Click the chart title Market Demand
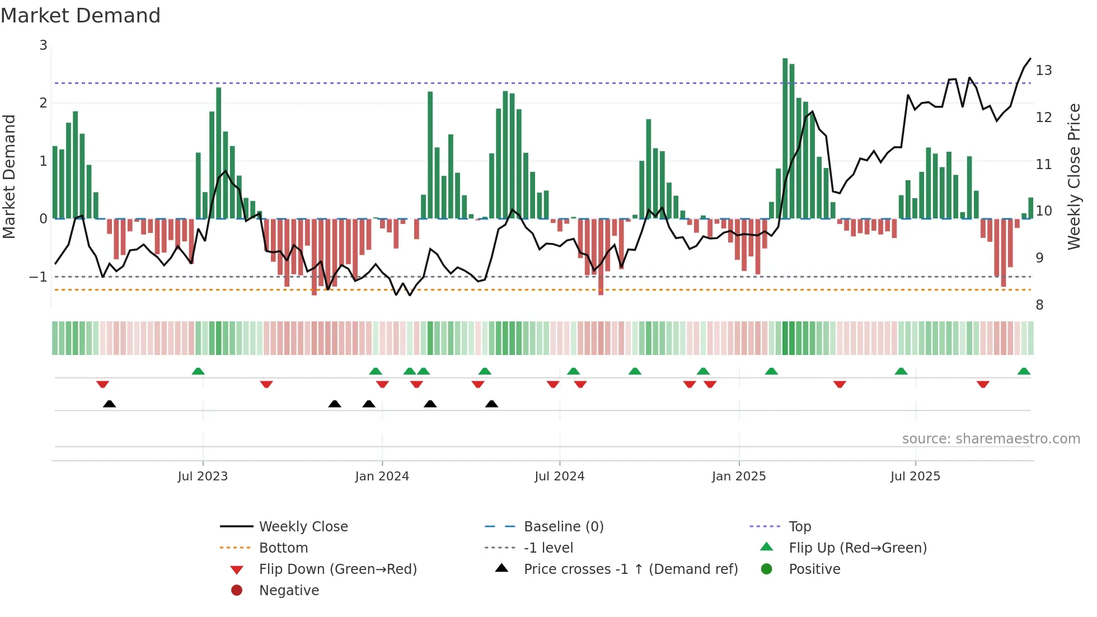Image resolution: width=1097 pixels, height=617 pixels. tap(81, 16)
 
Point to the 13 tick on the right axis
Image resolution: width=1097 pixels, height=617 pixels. tap(1043, 71)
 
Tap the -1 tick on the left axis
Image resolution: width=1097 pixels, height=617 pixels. tap(38, 277)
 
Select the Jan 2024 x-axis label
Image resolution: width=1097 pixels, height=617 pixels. tap(382, 476)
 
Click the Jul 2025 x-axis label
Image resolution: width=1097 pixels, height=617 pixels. tap(915, 476)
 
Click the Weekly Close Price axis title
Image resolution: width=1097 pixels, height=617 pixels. tap(1073, 176)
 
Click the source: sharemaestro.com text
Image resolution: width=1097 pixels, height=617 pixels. tap(991, 439)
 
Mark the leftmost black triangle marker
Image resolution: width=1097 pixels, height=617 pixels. tap(110, 404)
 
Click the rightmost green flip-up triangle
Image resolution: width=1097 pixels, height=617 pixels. tap(1024, 372)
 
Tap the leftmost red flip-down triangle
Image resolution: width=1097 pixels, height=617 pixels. tap(102, 384)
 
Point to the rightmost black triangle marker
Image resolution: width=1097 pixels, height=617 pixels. tap(491, 404)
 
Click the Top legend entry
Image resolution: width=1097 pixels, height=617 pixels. tap(799, 527)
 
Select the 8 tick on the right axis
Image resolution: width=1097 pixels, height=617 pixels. tap(1039, 305)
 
